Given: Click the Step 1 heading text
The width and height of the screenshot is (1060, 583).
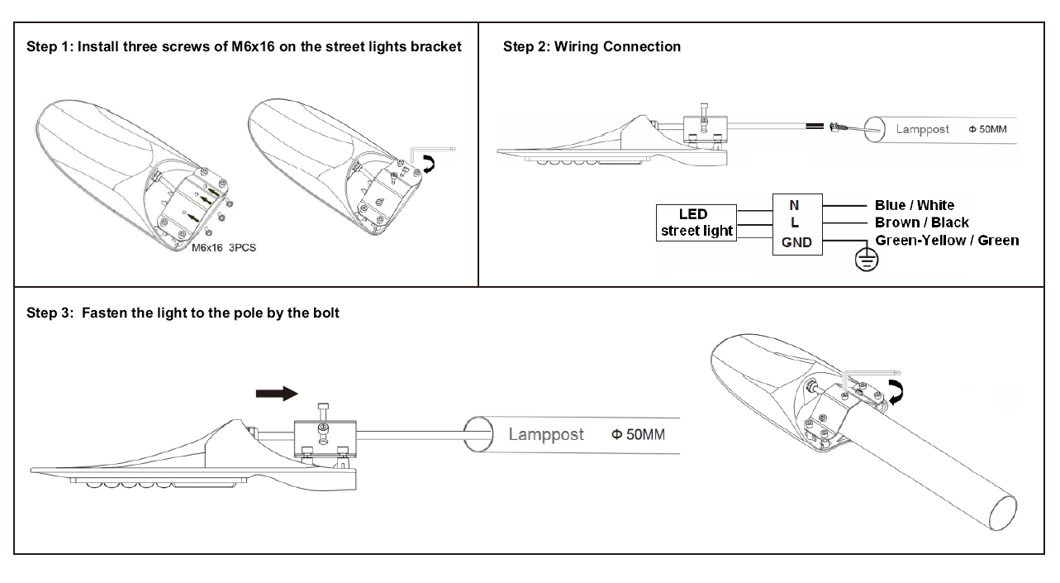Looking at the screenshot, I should click(x=244, y=46).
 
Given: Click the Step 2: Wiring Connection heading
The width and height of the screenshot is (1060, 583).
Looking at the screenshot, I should click(x=592, y=46).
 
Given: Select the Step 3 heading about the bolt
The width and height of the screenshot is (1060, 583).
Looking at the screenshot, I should click(x=183, y=313).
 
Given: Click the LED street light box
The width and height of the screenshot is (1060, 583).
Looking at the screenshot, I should click(x=696, y=222).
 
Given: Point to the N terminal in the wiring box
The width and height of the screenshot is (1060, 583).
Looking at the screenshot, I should click(x=795, y=205).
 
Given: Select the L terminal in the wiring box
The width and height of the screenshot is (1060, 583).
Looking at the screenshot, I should click(x=795, y=222).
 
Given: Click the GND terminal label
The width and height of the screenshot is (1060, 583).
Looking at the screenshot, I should click(x=796, y=242).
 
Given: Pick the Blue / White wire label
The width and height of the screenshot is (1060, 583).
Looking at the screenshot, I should click(x=914, y=205).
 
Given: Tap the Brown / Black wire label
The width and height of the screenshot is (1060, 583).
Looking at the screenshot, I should click(x=921, y=222).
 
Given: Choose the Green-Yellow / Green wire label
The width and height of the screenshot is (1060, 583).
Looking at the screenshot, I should click(x=946, y=240).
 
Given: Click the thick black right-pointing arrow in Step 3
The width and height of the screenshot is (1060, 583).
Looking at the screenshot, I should click(x=276, y=394).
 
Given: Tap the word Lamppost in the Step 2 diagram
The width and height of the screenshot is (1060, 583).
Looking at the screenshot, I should click(x=923, y=129).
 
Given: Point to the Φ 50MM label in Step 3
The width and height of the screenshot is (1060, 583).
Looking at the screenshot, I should click(x=638, y=434).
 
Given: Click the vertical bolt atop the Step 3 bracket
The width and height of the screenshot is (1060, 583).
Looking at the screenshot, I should click(x=323, y=410).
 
